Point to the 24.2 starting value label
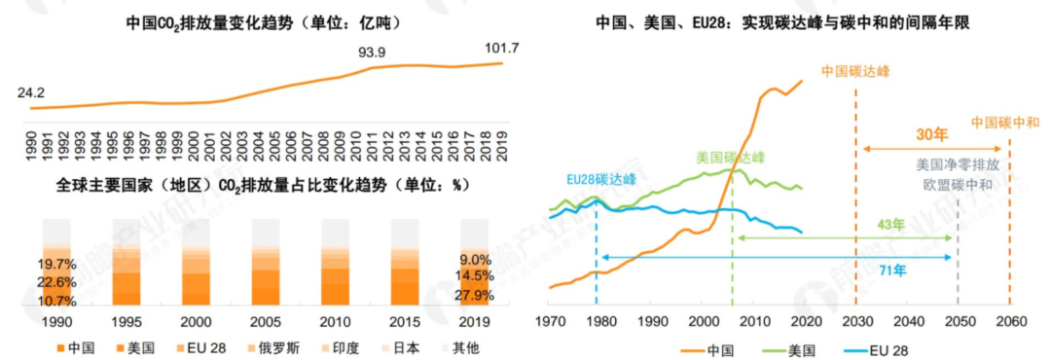(x=31, y=93)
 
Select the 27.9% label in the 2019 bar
(x=475, y=295)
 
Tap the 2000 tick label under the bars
(x=196, y=320)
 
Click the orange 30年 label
(x=933, y=134)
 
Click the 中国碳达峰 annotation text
(x=855, y=71)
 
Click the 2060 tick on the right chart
(x=1009, y=321)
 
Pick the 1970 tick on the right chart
(x=550, y=321)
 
